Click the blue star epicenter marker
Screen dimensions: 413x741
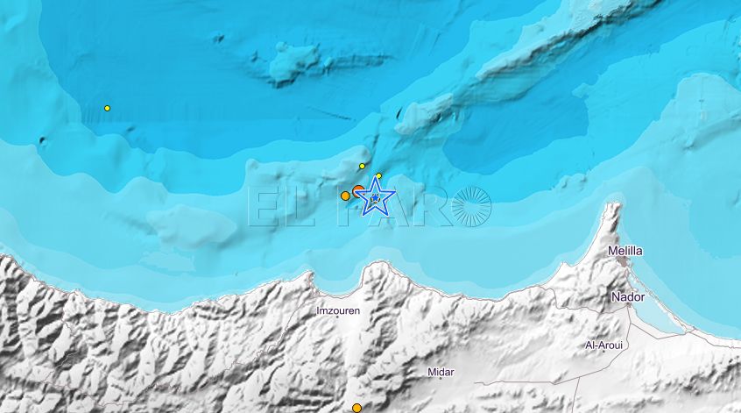tap(375, 198)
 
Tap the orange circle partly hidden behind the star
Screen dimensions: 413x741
tap(358, 190)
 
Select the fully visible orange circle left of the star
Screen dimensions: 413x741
tap(345, 196)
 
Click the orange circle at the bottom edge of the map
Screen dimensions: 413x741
tap(356, 408)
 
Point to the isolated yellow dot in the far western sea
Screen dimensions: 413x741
tap(107, 108)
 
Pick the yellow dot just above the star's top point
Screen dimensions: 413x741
tap(378, 176)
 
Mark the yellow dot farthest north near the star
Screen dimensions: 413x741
tap(362, 166)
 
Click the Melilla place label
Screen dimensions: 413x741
tap(625, 251)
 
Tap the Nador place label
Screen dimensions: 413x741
tap(628, 297)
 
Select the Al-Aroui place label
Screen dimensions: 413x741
tap(603, 345)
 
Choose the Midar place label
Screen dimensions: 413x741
tap(441, 373)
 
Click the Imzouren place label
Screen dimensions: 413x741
tap(338, 310)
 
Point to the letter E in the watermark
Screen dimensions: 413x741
tap(265, 207)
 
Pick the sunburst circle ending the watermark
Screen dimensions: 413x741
tap(472, 207)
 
